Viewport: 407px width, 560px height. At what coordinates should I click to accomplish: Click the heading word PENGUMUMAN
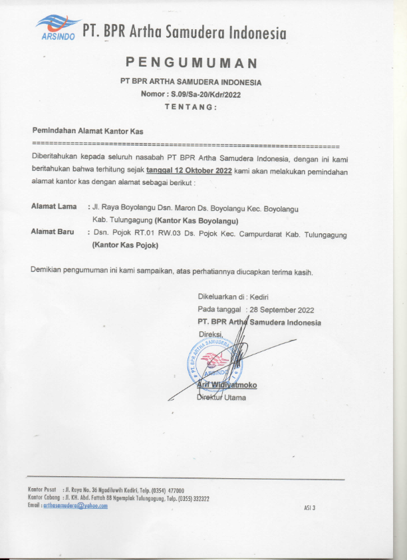192,64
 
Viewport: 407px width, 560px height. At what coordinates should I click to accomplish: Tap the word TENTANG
190,106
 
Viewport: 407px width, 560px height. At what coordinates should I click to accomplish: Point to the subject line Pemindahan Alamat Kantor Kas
88,132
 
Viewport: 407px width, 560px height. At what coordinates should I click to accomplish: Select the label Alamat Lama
54,207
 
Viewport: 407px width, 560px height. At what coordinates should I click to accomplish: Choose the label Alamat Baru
53,231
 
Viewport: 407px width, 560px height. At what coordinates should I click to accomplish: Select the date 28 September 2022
281,310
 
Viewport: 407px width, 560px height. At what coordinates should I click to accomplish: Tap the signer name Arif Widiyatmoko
227,385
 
